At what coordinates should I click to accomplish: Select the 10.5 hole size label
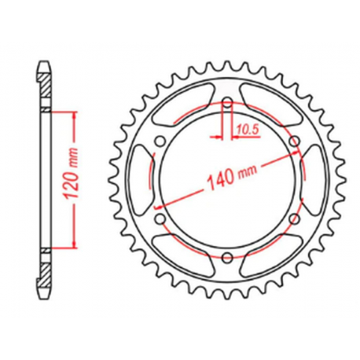[247, 125]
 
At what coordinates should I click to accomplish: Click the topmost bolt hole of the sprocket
[226, 104]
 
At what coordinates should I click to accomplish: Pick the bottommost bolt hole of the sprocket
[226, 256]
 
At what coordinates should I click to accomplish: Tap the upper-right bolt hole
[292, 141]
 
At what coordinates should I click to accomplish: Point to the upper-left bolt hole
[160, 141]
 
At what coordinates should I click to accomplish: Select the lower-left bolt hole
[160, 219]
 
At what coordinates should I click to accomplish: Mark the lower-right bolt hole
[292, 219]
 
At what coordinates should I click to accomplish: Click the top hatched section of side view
[46, 83]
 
